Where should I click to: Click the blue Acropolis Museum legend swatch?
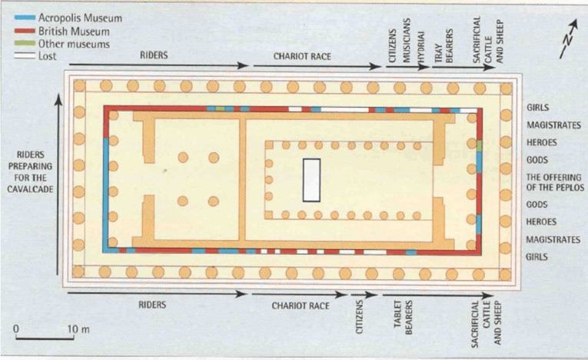[25, 17]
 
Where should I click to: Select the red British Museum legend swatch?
[25, 31]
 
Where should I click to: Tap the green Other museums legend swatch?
[25, 43]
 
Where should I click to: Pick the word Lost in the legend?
[47, 56]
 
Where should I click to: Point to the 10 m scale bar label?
[78, 329]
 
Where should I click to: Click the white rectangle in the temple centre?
[311, 180]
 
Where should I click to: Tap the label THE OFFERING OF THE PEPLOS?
[555, 182]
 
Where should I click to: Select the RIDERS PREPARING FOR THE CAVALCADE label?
[31, 172]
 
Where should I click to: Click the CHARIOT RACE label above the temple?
[302, 56]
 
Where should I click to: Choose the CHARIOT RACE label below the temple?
[301, 305]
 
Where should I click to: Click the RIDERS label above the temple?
[154, 55]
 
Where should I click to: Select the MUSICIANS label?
[407, 41]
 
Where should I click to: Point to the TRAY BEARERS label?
[444, 46]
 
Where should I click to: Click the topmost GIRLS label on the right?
[538, 108]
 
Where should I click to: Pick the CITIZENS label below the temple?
[359, 317]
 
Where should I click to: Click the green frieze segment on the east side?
[480, 145]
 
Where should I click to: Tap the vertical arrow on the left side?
[58, 185]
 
